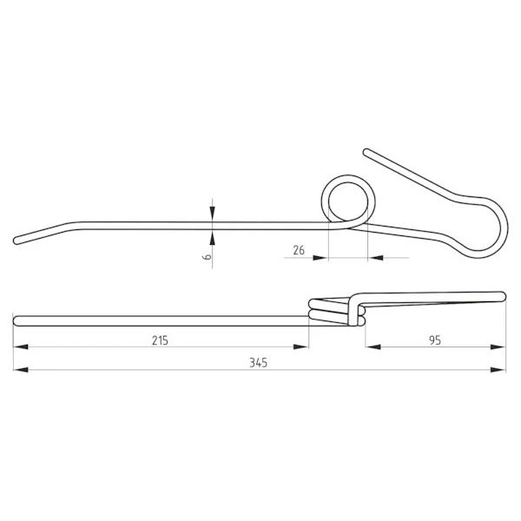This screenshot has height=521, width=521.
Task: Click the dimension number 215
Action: pos(160,340)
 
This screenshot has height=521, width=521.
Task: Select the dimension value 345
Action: pos(259,363)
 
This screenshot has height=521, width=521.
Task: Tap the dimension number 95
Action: pos(435,340)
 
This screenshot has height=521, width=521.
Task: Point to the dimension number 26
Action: pos(299,250)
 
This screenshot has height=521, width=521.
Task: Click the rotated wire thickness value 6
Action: pos(207,256)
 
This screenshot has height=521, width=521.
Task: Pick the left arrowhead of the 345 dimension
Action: pos(21,370)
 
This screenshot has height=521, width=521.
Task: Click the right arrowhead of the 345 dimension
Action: pos(498,370)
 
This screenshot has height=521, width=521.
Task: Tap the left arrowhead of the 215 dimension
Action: pos(21,346)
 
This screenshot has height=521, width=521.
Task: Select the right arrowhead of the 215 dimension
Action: pos(301,346)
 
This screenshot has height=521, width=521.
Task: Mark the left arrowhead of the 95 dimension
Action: pos(373,346)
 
